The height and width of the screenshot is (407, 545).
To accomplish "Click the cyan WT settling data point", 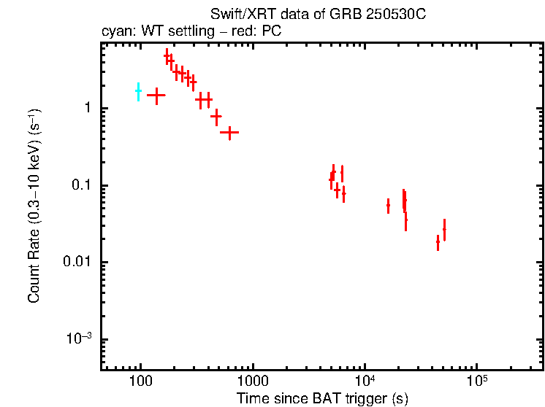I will pos(138,91).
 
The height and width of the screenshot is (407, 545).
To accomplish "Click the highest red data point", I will pos(167,56).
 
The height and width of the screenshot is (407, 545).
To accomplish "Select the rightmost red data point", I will pos(444,229).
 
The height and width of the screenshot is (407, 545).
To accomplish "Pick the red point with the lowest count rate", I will pos(438,241).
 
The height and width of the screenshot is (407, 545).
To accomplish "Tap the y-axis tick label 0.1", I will pos(80,186).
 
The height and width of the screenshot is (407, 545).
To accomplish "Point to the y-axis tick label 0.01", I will pos(77,263).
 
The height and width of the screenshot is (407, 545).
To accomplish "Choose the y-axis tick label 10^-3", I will pos(79,338).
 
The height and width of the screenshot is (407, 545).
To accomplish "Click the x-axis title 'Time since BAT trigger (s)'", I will pos(322,398).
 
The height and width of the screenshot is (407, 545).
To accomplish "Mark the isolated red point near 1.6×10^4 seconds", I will pos(388,206).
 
